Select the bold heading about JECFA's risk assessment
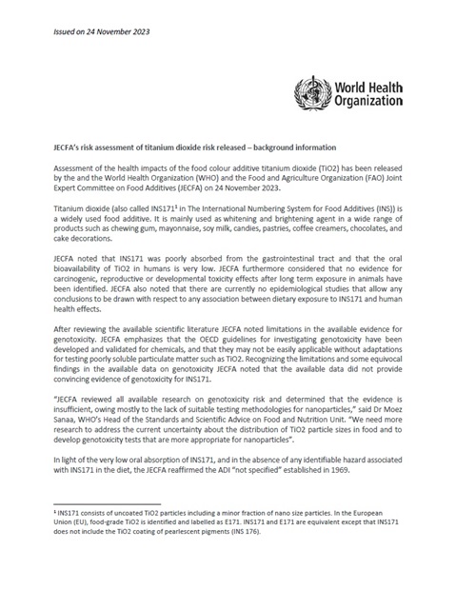(x=194, y=147)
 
